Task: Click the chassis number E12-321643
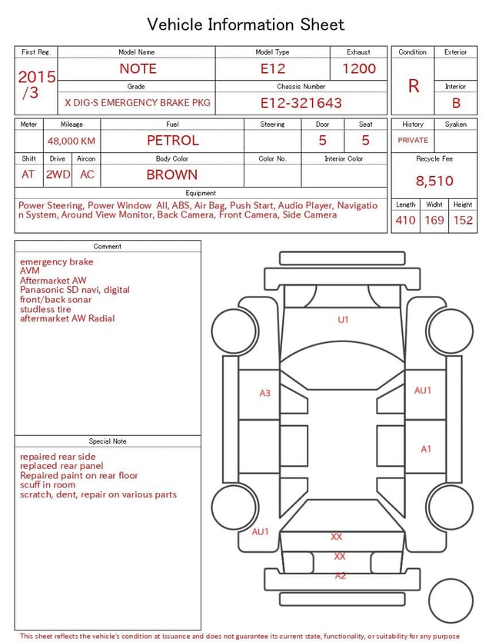click(301, 103)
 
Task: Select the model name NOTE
click(138, 68)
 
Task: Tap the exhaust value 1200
click(359, 68)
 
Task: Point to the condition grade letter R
click(414, 86)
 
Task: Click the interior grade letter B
click(456, 103)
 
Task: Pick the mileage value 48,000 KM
click(71, 141)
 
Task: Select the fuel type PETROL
click(173, 141)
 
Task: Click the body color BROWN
click(172, 175)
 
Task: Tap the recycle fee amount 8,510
click(434, 181)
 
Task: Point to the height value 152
click(463, 220)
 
